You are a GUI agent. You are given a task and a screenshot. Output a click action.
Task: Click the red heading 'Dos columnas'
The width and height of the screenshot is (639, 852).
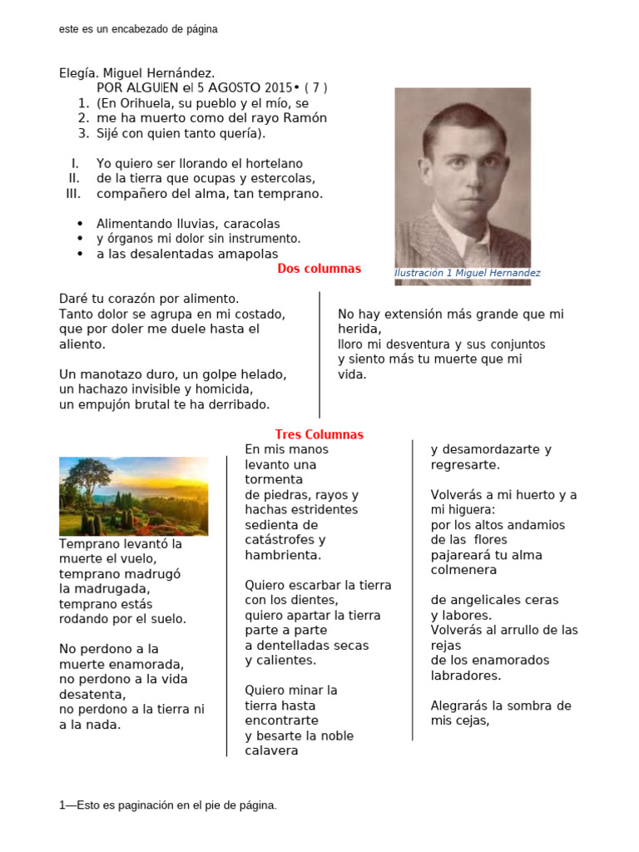(x=319, y=269)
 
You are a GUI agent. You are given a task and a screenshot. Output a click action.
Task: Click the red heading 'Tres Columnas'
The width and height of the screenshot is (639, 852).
(x=319, y=434)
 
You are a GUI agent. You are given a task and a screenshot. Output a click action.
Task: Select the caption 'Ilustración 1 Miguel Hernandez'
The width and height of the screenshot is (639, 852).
(x=467, y=273)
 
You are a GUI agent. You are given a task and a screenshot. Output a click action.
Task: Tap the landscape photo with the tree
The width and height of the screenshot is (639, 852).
(x=134, y=496)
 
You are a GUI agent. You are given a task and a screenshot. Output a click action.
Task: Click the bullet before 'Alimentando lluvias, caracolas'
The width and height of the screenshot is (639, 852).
(x=80, y=224)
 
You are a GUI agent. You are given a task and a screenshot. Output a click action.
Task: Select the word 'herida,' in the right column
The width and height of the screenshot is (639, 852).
(x=359, y=329)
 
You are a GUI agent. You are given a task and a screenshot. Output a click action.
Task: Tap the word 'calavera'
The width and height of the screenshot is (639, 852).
(x=271, y=750)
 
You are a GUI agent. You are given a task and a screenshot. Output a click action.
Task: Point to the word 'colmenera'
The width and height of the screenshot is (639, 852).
(x=463, y=570)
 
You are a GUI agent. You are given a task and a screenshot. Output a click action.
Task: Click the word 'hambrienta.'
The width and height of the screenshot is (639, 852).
(x=283, y=555)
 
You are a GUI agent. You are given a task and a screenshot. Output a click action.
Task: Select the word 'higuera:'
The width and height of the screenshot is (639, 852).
(x=470, y=510)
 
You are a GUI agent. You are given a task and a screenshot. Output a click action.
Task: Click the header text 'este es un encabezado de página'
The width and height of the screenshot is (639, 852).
(x=138, y=29)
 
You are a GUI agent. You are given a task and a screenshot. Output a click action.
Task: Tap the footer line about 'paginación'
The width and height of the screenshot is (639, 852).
(x=168, y=805)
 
